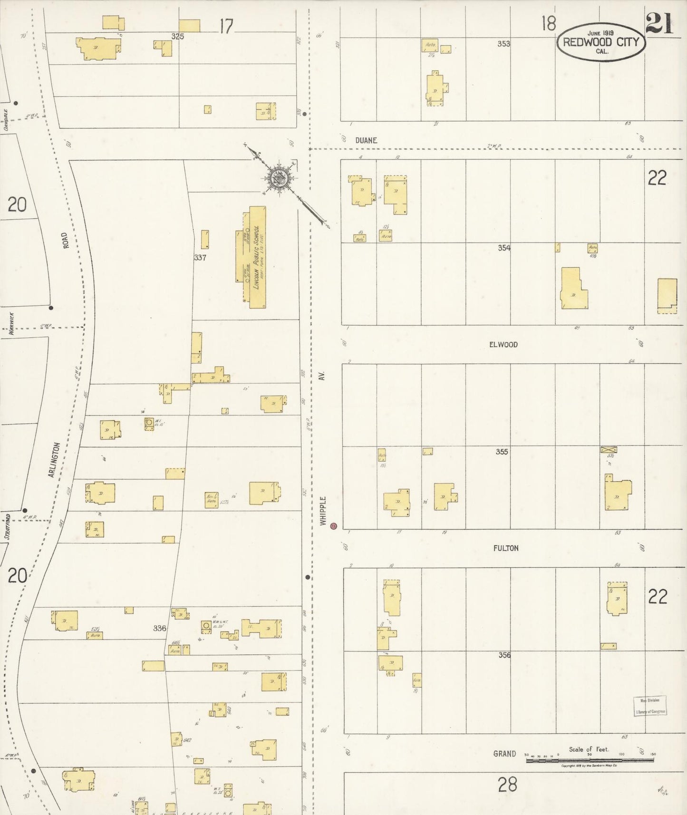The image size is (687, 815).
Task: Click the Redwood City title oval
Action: click(601, 43)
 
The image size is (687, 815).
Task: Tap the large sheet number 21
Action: click(659, 24)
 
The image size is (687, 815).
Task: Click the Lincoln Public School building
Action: click(257, 257)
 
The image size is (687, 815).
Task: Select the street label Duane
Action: click(366, 141)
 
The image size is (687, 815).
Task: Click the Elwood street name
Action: click(503, 344)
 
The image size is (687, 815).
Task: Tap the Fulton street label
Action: click(505, 548)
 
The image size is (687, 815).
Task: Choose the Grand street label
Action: click(504, 753)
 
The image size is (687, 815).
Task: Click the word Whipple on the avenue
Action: click(323, 511)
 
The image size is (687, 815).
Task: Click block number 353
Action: click(503, 44)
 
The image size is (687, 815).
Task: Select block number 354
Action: click(504, 248)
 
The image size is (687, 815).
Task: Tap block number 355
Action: click(502, 452)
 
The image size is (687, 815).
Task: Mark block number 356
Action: click(504, 655)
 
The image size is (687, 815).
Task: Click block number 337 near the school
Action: click(200, 258)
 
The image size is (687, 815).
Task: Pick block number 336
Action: click(159, 628)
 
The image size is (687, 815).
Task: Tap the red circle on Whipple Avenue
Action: click(334, 526)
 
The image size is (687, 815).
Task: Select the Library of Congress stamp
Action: click(650, 706)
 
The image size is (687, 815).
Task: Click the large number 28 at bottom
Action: click(507, 785)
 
